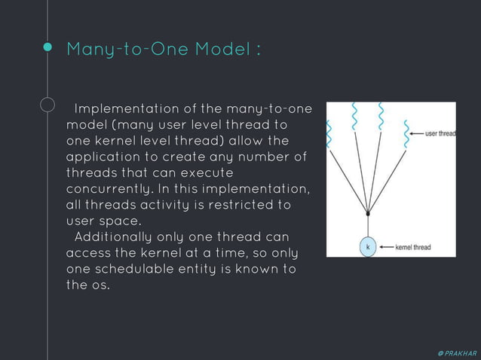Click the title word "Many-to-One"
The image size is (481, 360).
click(127, 50)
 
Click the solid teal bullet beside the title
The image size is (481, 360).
click(47, 47)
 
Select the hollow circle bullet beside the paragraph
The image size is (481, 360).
click(47, 105)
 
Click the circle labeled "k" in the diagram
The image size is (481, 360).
click(368, 246)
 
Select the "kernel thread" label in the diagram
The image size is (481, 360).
click(414, 246)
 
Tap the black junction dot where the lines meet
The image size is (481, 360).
click(368, 214)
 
